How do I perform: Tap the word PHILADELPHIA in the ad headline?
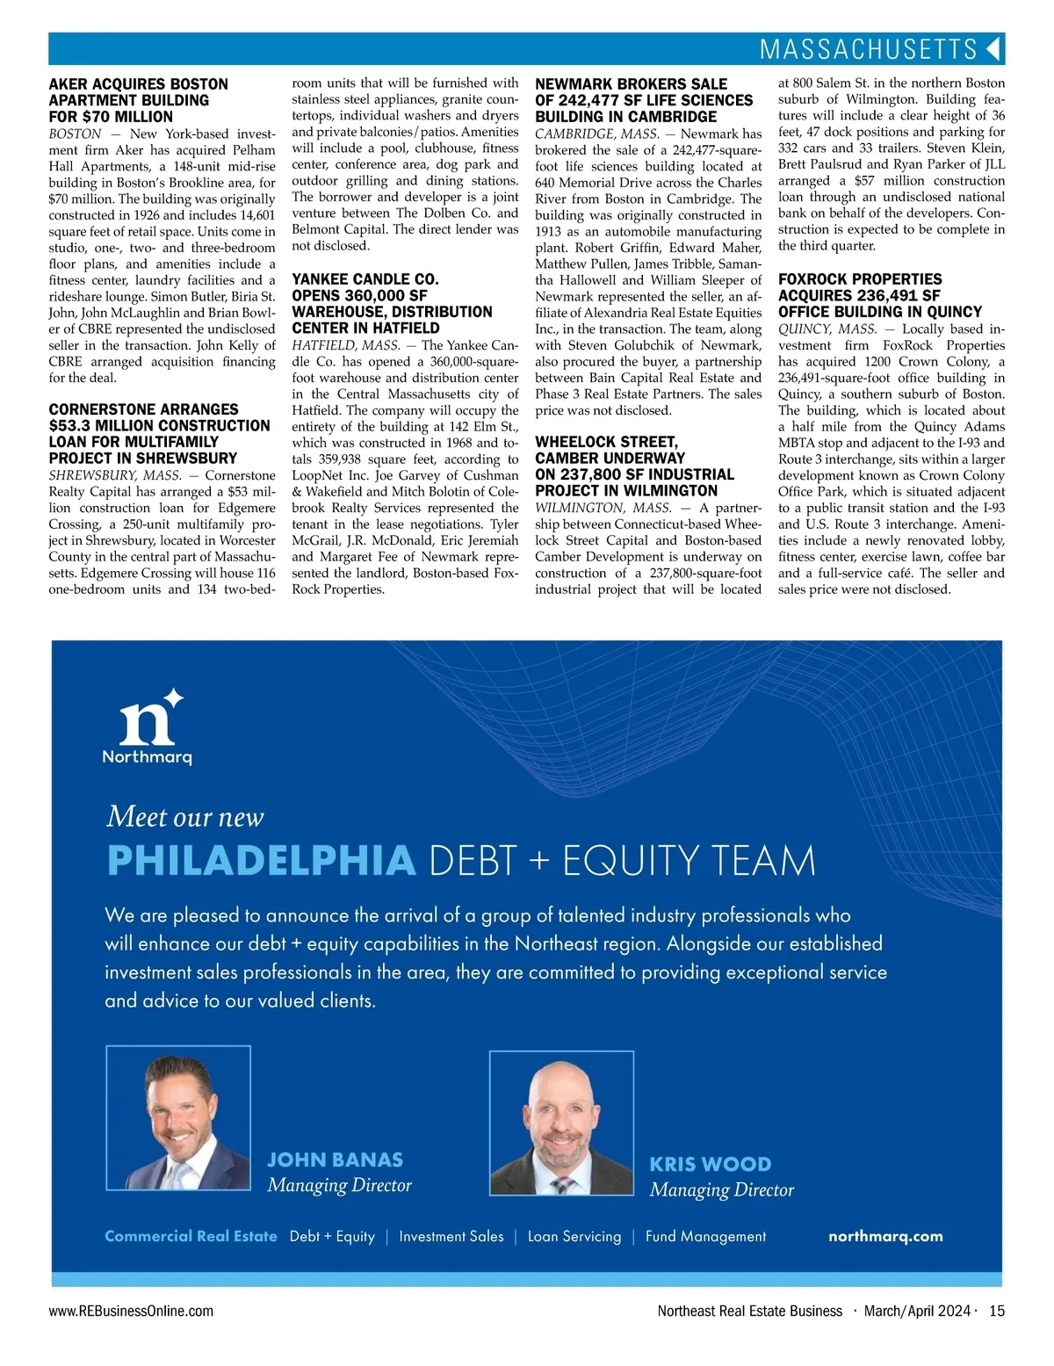(x=261, y=861)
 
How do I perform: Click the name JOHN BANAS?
(x=335, y=1160)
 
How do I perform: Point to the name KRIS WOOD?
(x=710, y=1164)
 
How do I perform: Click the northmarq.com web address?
(x=885, y=1236)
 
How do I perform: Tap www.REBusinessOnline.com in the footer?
(x=131, y=1311)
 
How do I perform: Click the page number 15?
(x=997, y=1311)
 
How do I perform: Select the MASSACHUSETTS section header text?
(x=868, y=49)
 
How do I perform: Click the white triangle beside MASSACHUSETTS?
(x=993, y=48)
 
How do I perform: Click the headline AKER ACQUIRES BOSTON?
(x=138, y=84)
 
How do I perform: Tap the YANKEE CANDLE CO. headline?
(x=365, y=279)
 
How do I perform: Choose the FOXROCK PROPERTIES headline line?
(x=860, y=279)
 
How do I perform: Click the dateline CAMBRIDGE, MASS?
(x=596, y=134)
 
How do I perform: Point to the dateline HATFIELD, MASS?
(x=346, y=345)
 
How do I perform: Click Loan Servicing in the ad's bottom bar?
(x=574, y=1236)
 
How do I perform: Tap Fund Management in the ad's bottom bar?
(x=705, y=1236)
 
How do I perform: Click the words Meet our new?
(x=184, y=817)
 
